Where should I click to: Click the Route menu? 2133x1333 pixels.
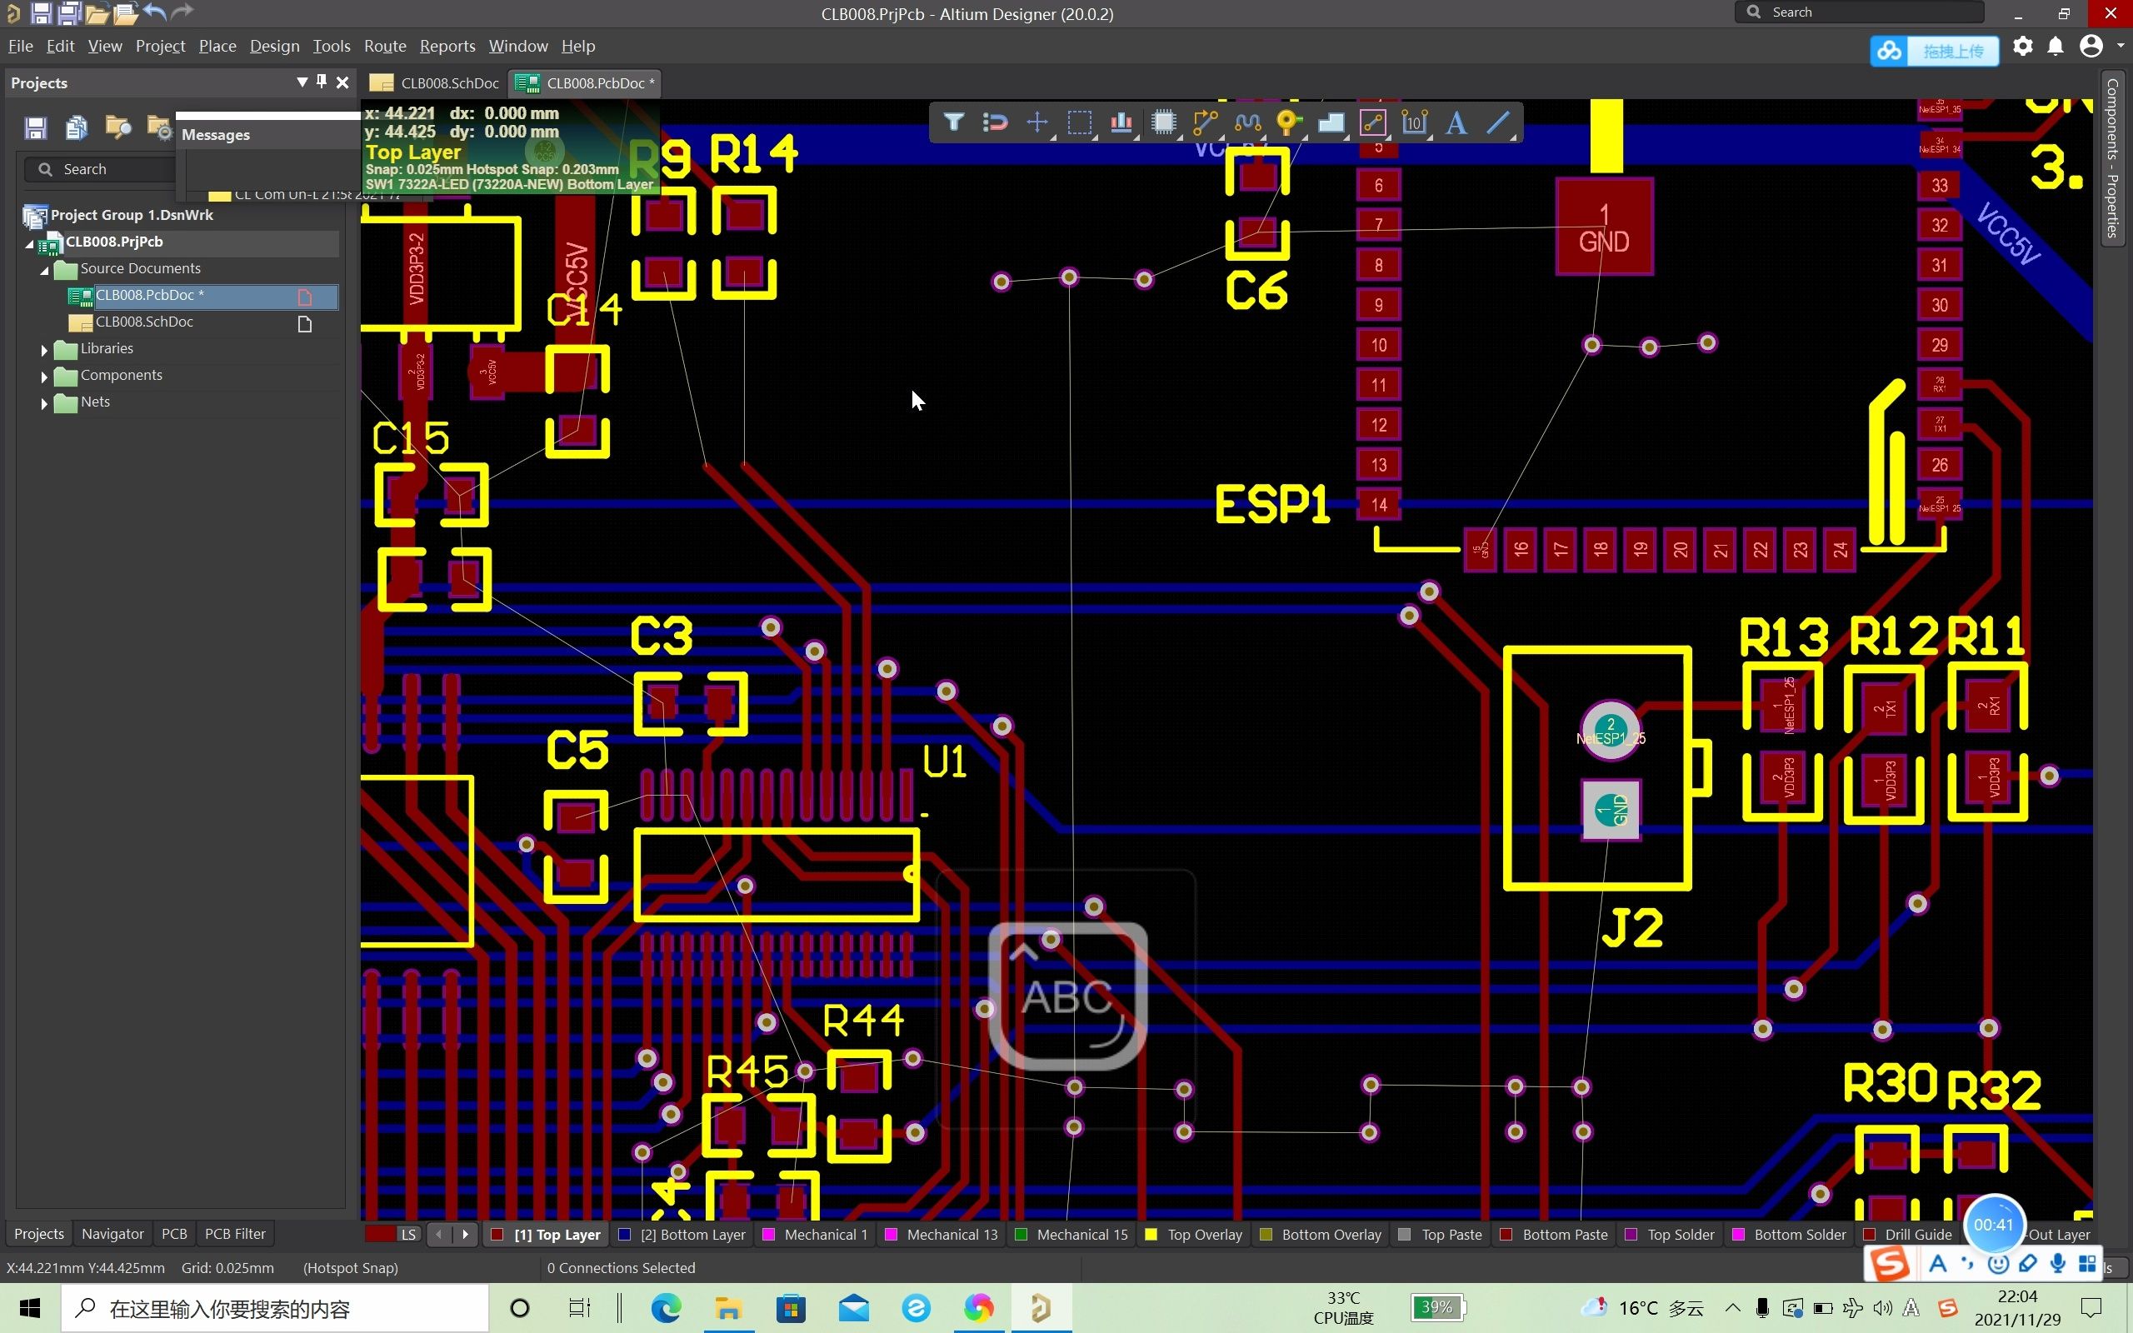tap(384, 46)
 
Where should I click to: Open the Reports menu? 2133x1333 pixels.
tap(447, 46)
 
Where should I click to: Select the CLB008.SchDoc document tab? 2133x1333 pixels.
tap(437, 82)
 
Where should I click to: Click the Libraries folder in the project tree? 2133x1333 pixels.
tap(107, 348)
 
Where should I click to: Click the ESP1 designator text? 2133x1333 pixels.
tap(1271, 505)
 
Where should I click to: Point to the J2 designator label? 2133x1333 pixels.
tap(1631, 927)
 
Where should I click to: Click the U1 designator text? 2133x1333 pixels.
tap(944, 761)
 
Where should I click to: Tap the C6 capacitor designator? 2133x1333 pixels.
tap(1256, 291)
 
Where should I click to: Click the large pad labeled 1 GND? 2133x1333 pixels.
tap(1603, 227)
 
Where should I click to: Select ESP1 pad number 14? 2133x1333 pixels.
tap(1378, 505)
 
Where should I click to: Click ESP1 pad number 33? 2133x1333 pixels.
tap(1939, 186)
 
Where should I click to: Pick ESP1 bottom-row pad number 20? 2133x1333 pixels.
tap(1680, 549)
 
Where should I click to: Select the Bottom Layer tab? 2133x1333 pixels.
tap(692, 1234)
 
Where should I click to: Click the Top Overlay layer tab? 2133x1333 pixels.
tap(1204, 1234)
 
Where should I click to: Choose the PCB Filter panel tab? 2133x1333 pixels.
tap(234, 1233)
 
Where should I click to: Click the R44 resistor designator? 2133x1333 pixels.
tap(863, 1021)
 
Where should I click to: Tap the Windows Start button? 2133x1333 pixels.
tap(29, 1308)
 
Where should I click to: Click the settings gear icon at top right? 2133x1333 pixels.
tap(2023, 47)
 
